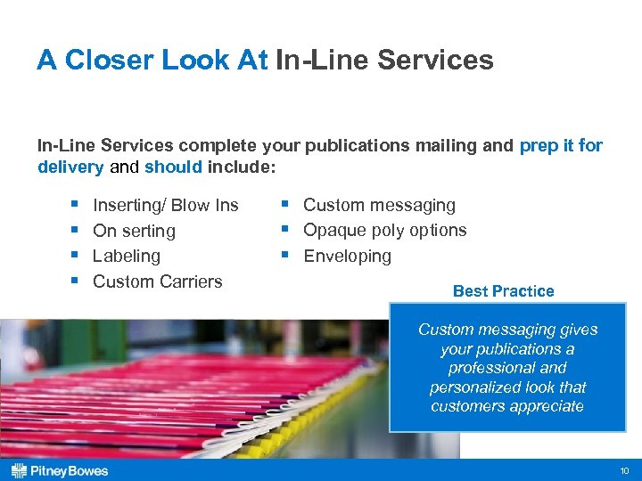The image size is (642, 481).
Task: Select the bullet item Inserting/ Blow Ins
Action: (165, 205)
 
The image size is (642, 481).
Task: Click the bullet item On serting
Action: (134, 231)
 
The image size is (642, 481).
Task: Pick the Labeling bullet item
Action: (127, 256)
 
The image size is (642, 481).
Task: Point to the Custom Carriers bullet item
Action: (157, 281)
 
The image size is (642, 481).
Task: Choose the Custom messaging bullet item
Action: (379, 205)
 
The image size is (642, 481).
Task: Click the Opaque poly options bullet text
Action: (384, 230)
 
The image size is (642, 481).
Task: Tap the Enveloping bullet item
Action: (347, 256)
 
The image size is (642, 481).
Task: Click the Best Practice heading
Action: (503, 291)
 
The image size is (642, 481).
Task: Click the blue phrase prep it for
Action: (561, 145)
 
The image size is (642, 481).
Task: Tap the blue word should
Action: (173, 167)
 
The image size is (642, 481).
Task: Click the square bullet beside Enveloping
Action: (284, 256)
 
